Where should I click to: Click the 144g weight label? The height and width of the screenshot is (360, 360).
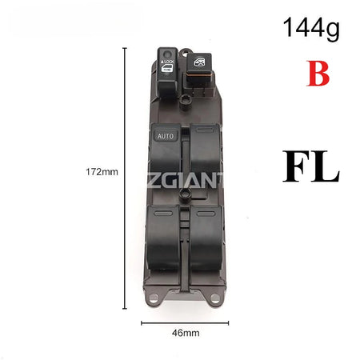click(311, 29)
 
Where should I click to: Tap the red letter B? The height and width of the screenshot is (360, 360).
click(318, 74)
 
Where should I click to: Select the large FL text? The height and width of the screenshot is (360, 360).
click(310, 166)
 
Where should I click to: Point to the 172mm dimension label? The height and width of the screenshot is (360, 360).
click(102, 172)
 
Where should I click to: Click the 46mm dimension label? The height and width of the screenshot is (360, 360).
click(186, 333)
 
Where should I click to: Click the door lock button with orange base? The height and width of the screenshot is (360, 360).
click(199, 68)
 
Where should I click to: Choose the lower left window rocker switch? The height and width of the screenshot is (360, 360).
click(163, 238)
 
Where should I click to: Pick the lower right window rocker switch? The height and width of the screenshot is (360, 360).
click(206, 238)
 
